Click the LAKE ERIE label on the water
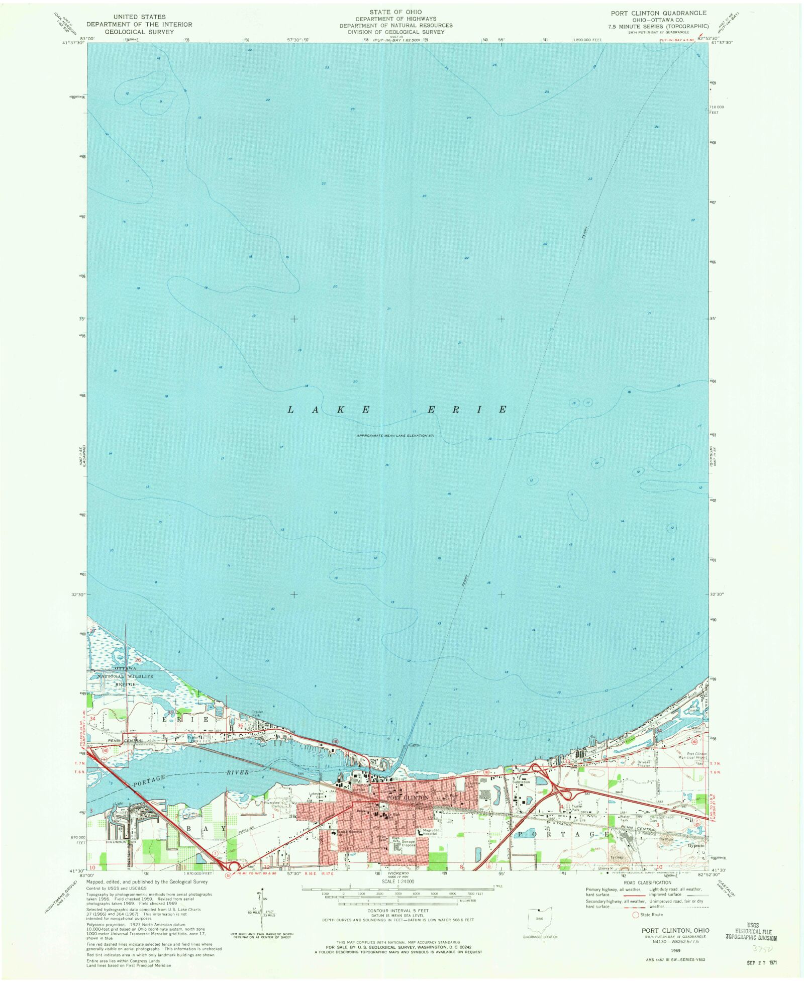tap(397, 410)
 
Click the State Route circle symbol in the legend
tap(636, 915)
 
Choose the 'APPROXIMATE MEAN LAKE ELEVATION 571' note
tap(395, 435)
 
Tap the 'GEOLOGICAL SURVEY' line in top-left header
tap(139, 32)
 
